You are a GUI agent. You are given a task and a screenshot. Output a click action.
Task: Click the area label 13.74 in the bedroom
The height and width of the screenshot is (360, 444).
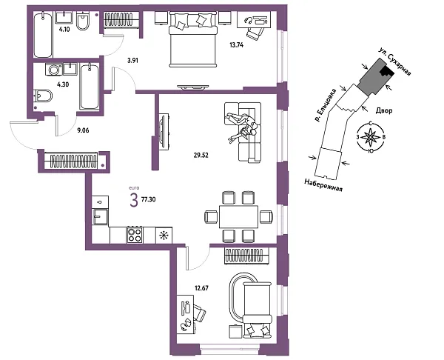[237, 44]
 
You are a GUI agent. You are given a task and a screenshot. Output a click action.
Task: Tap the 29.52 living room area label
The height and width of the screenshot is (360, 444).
[201, 155]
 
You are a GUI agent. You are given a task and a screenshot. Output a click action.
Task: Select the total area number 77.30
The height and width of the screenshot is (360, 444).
[149, 199]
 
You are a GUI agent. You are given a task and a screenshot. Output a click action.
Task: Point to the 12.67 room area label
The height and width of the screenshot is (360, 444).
[201, 288]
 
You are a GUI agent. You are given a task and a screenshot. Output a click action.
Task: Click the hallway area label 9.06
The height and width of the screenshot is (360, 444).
[83, 130]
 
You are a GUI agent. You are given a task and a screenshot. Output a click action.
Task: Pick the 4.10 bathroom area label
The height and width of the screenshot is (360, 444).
[64, 29]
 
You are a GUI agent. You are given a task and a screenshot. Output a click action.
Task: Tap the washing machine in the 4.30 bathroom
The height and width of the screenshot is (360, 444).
[53, 70]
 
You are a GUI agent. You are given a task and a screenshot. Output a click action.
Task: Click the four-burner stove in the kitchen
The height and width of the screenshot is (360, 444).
[135, 235]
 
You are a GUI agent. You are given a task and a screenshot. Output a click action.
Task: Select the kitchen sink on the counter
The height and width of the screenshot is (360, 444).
[100, 216]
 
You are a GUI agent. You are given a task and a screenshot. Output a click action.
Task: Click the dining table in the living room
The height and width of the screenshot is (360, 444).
[238, 217]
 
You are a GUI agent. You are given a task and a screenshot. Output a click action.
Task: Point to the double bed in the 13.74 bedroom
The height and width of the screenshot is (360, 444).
[193, 40]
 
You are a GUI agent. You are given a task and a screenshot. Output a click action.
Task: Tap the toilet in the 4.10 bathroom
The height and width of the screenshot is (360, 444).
[83, 21]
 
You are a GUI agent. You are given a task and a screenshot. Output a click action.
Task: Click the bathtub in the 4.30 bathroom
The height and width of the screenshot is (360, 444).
[90, 87]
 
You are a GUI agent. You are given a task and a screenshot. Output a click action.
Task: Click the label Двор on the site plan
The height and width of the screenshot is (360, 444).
[384, 110]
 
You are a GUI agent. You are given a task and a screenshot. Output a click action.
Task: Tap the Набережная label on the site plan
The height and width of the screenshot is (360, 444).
[323, 185]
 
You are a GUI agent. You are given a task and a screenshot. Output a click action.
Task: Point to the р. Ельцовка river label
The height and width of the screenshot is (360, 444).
[326, 105]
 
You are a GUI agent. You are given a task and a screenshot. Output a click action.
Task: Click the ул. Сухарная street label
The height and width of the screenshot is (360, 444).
[395, 61]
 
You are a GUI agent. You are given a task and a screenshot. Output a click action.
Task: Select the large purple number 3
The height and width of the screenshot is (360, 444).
[134, 200]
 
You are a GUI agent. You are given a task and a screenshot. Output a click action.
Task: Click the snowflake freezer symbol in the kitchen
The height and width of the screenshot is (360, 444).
[164, 236]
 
